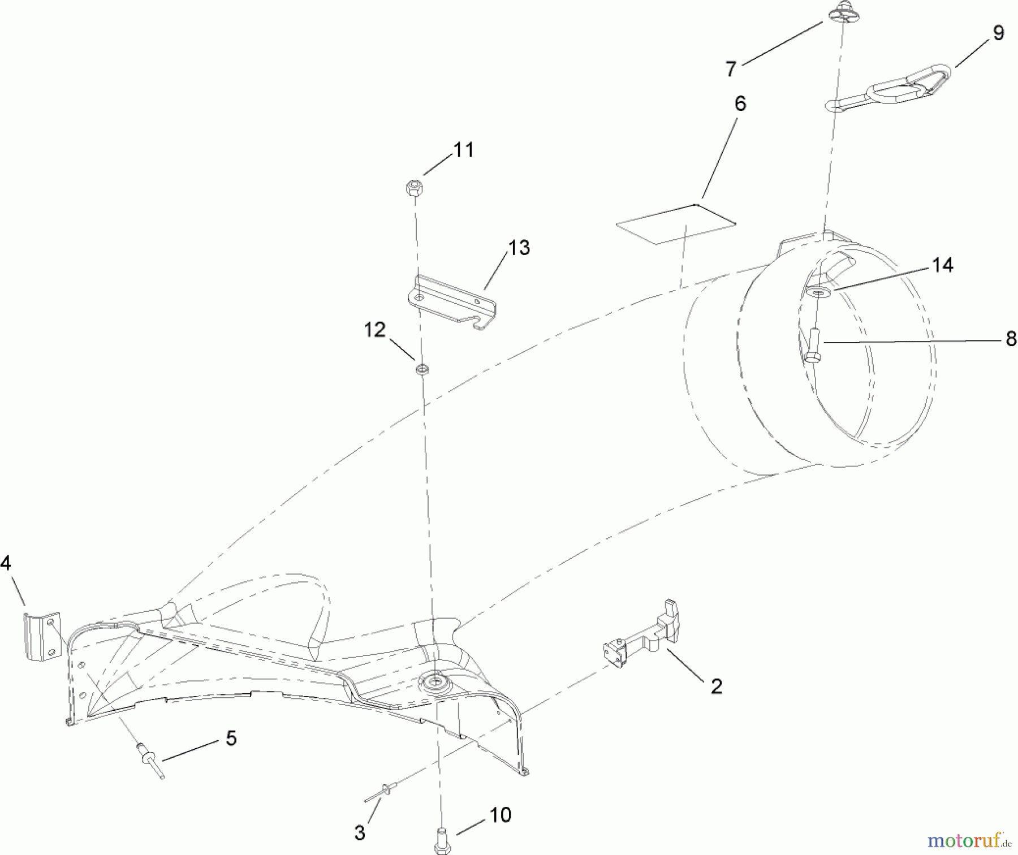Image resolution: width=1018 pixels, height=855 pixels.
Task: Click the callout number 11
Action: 464,150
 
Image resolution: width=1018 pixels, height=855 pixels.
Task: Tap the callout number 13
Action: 519,248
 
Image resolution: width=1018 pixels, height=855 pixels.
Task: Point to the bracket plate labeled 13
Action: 452,302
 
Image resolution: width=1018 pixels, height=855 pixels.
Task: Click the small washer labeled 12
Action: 422,370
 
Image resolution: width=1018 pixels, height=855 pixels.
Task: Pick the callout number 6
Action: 740,103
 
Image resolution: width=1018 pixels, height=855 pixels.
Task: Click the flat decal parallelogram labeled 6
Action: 676,224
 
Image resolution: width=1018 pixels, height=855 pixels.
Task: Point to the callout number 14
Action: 942,265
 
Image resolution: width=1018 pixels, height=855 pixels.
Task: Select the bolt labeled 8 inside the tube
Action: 813,346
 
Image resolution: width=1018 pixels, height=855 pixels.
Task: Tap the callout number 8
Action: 1011,339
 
